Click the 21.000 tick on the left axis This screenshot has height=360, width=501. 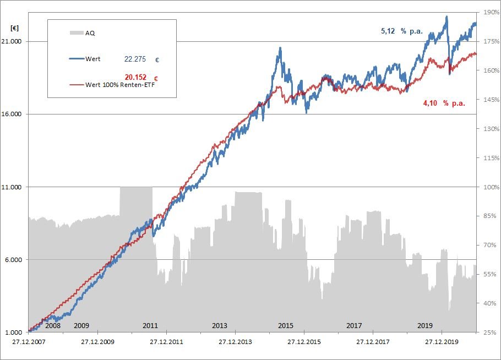[14, 42]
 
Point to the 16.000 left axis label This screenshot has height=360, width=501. [14, 114]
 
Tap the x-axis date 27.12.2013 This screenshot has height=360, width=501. [235, 342]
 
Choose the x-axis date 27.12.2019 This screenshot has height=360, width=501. [442, 342]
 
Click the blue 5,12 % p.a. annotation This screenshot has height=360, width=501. [402, 31]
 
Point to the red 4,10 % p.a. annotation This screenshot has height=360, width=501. [444, 103]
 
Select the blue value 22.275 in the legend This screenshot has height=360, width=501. [135, 59]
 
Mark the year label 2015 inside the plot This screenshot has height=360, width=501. [286, 325]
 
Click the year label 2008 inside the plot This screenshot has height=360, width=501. [52, 325]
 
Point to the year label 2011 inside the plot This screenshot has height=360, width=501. [150, 325]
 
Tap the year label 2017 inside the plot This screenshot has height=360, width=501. [354, 325]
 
